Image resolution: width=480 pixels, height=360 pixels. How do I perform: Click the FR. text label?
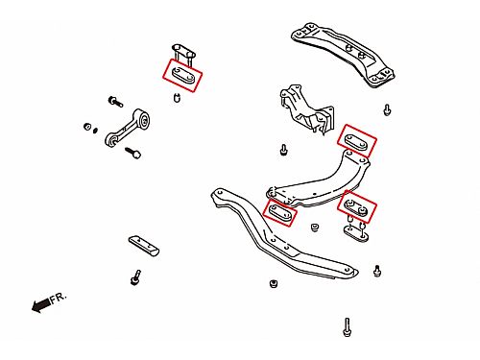(59, 298)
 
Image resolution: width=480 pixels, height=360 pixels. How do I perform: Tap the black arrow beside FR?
(40, 305)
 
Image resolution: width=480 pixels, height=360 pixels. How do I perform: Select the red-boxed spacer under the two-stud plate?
(182, 75)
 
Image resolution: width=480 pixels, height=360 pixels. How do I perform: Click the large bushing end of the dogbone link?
(144, 119)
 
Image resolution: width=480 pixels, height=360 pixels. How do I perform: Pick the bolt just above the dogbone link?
(115, 102)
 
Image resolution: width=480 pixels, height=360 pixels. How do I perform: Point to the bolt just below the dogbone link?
(133, 153)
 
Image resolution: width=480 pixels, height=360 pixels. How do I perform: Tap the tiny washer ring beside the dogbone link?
(95, 131)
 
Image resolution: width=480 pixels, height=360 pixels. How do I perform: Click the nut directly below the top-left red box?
(177, 97)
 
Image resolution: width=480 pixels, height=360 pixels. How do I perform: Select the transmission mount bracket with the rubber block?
(306, 109)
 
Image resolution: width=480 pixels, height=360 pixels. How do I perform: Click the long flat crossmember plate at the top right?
(343, 54)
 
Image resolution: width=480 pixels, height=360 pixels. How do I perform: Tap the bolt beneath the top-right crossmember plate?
(387, 110)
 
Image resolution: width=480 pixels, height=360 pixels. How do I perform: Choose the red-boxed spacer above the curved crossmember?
(357, 141)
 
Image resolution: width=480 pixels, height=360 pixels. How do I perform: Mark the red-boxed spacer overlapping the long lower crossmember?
(280, 212)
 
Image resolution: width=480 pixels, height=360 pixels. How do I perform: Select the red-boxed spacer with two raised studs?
(356, 206)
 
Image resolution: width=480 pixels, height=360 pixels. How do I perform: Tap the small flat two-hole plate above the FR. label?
(144, 246)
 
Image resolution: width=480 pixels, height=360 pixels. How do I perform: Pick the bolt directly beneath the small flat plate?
(135, 277)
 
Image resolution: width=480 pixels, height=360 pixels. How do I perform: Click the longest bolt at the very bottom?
(347, 327)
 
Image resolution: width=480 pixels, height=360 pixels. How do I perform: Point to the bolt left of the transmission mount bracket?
(283, 150)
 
